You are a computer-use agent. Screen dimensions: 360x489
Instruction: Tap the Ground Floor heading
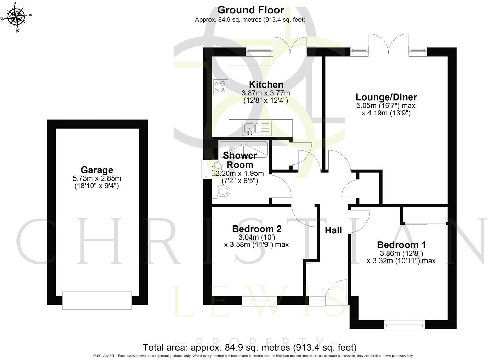click(251, 10)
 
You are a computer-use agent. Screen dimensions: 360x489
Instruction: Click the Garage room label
click(97, 170)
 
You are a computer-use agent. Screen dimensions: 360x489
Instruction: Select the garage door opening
click(97, 300)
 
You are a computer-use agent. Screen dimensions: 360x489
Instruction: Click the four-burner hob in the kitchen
click(220, 86)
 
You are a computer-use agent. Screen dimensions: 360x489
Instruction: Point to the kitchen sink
click(257, 128)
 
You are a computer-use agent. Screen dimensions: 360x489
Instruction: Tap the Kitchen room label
click(266, 84)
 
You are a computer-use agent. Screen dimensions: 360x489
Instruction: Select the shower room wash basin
click(212, 169)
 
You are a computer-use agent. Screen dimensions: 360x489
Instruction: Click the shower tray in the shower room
click(243, 148)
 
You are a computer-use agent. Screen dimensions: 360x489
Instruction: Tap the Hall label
click(333, 230)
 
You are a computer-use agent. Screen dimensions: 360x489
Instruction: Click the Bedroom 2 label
click(257, 229)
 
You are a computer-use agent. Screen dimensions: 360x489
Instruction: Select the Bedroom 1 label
click(401, 245)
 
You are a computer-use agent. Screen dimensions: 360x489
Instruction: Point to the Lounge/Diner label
click(386, 97)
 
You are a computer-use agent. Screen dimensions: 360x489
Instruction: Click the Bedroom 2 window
click(259, 301)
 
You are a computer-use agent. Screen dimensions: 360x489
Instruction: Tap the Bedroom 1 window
click(404, 325)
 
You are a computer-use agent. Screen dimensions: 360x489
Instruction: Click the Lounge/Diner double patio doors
click(389, 45)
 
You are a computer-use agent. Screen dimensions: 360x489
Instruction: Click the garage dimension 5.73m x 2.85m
click(97, 178)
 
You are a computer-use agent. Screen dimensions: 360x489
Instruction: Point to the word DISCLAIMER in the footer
click(103, 356)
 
